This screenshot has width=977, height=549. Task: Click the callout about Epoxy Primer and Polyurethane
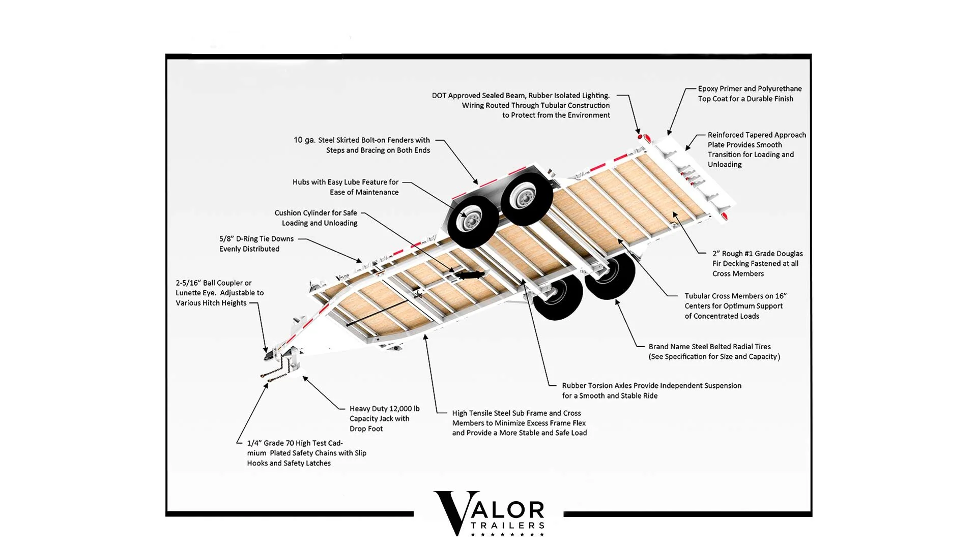[749, 94]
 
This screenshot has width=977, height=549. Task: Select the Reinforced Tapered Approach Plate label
[756, 149]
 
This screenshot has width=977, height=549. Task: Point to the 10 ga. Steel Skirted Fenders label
[362, 145]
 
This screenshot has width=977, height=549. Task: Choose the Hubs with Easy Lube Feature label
[346, 187]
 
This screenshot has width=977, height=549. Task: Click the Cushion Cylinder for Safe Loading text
[317, 218]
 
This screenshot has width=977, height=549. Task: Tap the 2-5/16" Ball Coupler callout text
[219, 293]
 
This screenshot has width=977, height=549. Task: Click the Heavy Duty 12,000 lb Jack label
[384, 418]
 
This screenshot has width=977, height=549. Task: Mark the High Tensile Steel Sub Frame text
[519, 423]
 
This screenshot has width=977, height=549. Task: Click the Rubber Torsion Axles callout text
[651, 390]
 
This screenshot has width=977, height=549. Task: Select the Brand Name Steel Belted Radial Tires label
[713, 352]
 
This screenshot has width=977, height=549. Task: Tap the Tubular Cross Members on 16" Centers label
[735, 306]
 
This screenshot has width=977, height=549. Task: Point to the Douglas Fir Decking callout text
[757, 263]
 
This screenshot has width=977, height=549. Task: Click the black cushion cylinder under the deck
[470, 275]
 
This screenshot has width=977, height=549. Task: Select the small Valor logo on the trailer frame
[342, 278]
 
